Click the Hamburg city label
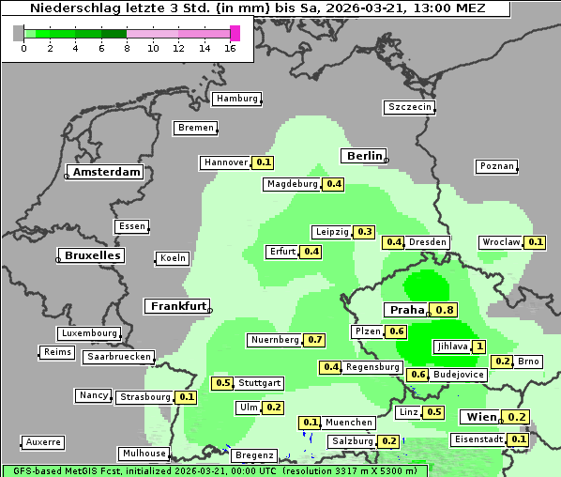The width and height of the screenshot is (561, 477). [x=236, y=99]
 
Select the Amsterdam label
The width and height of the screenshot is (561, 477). [x=107, y=172]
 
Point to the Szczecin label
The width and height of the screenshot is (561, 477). [x=410, y=107]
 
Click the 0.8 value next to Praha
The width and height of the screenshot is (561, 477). [x=445, y=310]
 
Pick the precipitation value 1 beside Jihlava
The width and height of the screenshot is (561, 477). [x=479, y=346]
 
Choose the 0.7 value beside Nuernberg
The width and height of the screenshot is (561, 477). [x=315, y=339]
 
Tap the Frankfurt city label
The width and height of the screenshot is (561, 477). [x=177, y=306]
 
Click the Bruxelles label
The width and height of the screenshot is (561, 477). [x=91, y=255]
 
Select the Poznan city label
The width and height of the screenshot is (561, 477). [x=497, y=166]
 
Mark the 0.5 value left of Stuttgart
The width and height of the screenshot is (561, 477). [x=223, y=382]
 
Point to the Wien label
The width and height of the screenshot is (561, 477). [x=479, y=417]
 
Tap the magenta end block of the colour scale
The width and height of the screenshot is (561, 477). [x=235, y=33]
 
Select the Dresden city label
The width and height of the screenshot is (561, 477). [x=428, y=242]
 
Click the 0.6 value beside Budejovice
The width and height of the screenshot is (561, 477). [x=418, y=375]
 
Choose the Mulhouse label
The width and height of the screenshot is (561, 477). [x=144, y=454]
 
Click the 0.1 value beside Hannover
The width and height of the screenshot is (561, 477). [x=264, y=162]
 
